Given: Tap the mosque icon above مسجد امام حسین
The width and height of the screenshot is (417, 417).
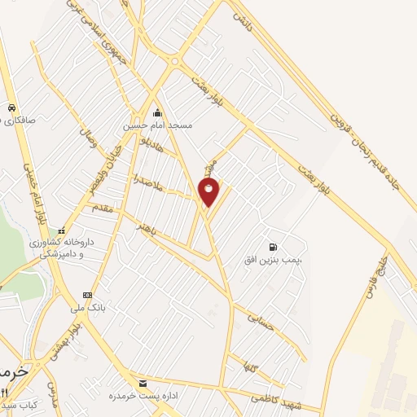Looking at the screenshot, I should click(x=157, y=112).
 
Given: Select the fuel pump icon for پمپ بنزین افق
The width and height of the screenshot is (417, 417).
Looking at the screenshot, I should click(x=271, y=246).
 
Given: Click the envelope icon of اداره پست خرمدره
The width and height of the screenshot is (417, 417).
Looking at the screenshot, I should click(x=143, y=383).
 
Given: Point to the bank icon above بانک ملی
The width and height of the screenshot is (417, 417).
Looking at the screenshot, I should click(x=87, y=294).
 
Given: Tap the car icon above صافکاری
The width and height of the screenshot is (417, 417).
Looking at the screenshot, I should click(x=11, y=108).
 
